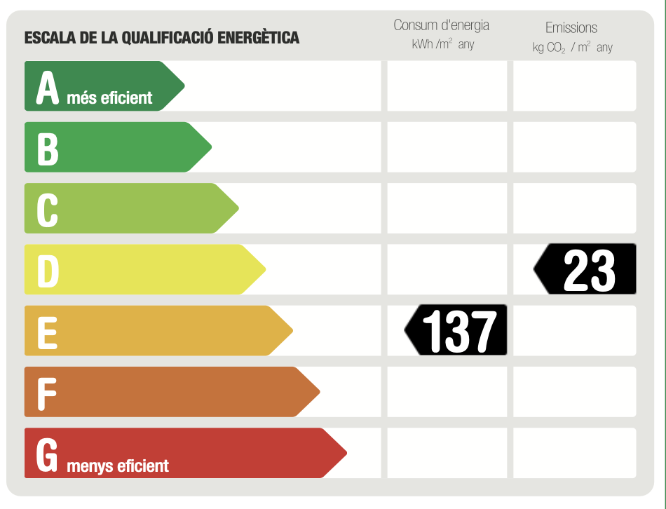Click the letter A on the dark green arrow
[48, 87]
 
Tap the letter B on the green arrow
[48, 148]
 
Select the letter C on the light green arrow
[48, 209]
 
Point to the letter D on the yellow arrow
[48, 271]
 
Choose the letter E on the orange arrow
[47, 332]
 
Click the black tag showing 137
[457, 330]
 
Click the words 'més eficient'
[109, 97]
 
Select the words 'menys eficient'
[118, 466]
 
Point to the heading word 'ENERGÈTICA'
[259, 38]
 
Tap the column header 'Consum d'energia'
[441, 25]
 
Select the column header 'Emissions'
[571, 28]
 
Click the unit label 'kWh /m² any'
[443, 45]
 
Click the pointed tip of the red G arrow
[345, 454]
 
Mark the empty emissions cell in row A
[575, 86]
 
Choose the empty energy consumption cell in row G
[447, 453]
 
